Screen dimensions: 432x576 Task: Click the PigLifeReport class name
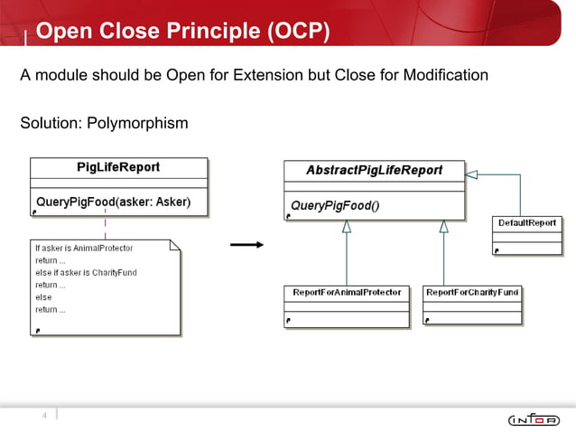pyautogui.click(x=118, y=167)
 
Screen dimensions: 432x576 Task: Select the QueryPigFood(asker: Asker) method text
pyautogui.click(x=113, y=201)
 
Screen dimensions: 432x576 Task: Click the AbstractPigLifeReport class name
pyautogui.click(x=374, y=170)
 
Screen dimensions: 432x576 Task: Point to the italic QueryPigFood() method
pyautogui.click(x=335, y=205)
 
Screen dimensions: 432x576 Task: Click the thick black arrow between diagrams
pyautogui.click(x=246, y=244)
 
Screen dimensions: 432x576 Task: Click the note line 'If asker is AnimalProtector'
pyautogui.click(x=83, y=248)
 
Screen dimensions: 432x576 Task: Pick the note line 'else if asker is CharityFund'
pyautogui.click(x=86, y=272)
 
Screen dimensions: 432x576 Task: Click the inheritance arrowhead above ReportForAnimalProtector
pyautogui.click(x=347, y=228)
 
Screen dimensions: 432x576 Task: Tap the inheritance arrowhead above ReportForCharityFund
pyautogui.click(x=443, y=228)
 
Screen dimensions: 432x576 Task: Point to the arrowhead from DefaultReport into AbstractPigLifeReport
pyautogui.click(x=472, y=173)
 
